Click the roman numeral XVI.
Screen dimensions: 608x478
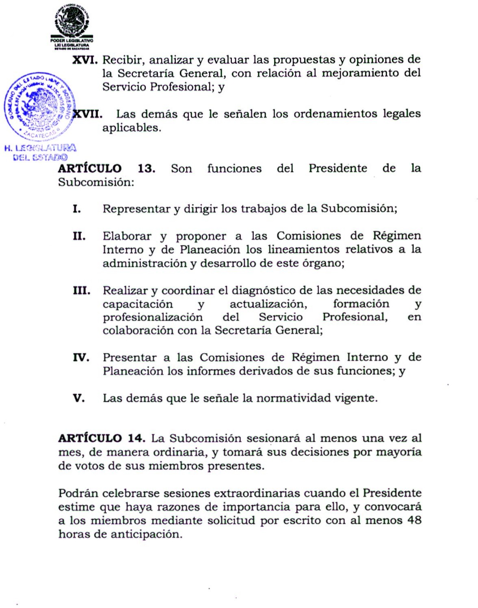coord(85,60)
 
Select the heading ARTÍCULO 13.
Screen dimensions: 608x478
coord(106,168)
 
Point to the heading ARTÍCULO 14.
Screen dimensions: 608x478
coord(102,438)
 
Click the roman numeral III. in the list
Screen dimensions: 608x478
coord(81,291)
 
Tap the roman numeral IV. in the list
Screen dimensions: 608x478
coord(81,358)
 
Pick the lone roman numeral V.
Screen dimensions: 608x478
coord(79,398)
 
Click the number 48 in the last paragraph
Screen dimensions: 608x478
coord(414,520)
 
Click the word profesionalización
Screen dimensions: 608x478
coord(152,317)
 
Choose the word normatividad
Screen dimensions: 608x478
coord(293,398)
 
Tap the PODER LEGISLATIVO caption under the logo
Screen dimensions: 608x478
coord(72,41)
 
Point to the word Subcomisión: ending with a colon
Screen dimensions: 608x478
coord(96,182)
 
